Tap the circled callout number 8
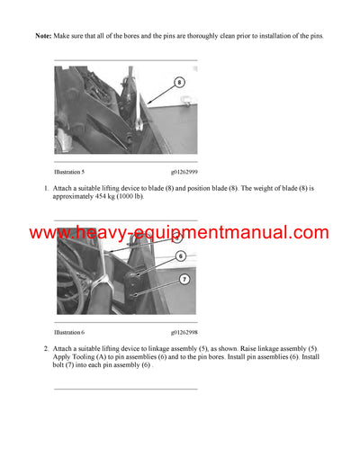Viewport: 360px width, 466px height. click(179, 82)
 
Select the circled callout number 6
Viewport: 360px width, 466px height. click(180, 255)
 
